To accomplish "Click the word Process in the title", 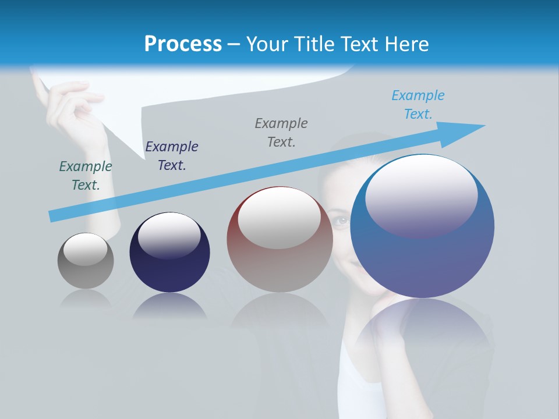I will pyautogui.click(x=183, y=44).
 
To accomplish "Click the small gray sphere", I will pyautogui.click(x=86, y=261).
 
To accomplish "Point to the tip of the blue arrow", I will pyautogui.click(x=483, y=125).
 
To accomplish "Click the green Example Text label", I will pyautogui.click(x=86, y=175).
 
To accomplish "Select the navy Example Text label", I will pyautogui.click(x=172, y=155).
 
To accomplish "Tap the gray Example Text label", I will pyautogui.click(x=281, y=132).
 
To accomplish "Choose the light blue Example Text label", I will pyautogui.click(x=418, y=104).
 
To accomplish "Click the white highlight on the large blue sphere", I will pyautogui.click(x=422, y=195).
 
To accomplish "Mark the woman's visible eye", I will pyautogui.click(x=341, y=220).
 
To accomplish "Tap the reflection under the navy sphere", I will pyautogui.click(x=169, y=307).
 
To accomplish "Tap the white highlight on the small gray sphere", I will pyautogui.click(x=85, y=249).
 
